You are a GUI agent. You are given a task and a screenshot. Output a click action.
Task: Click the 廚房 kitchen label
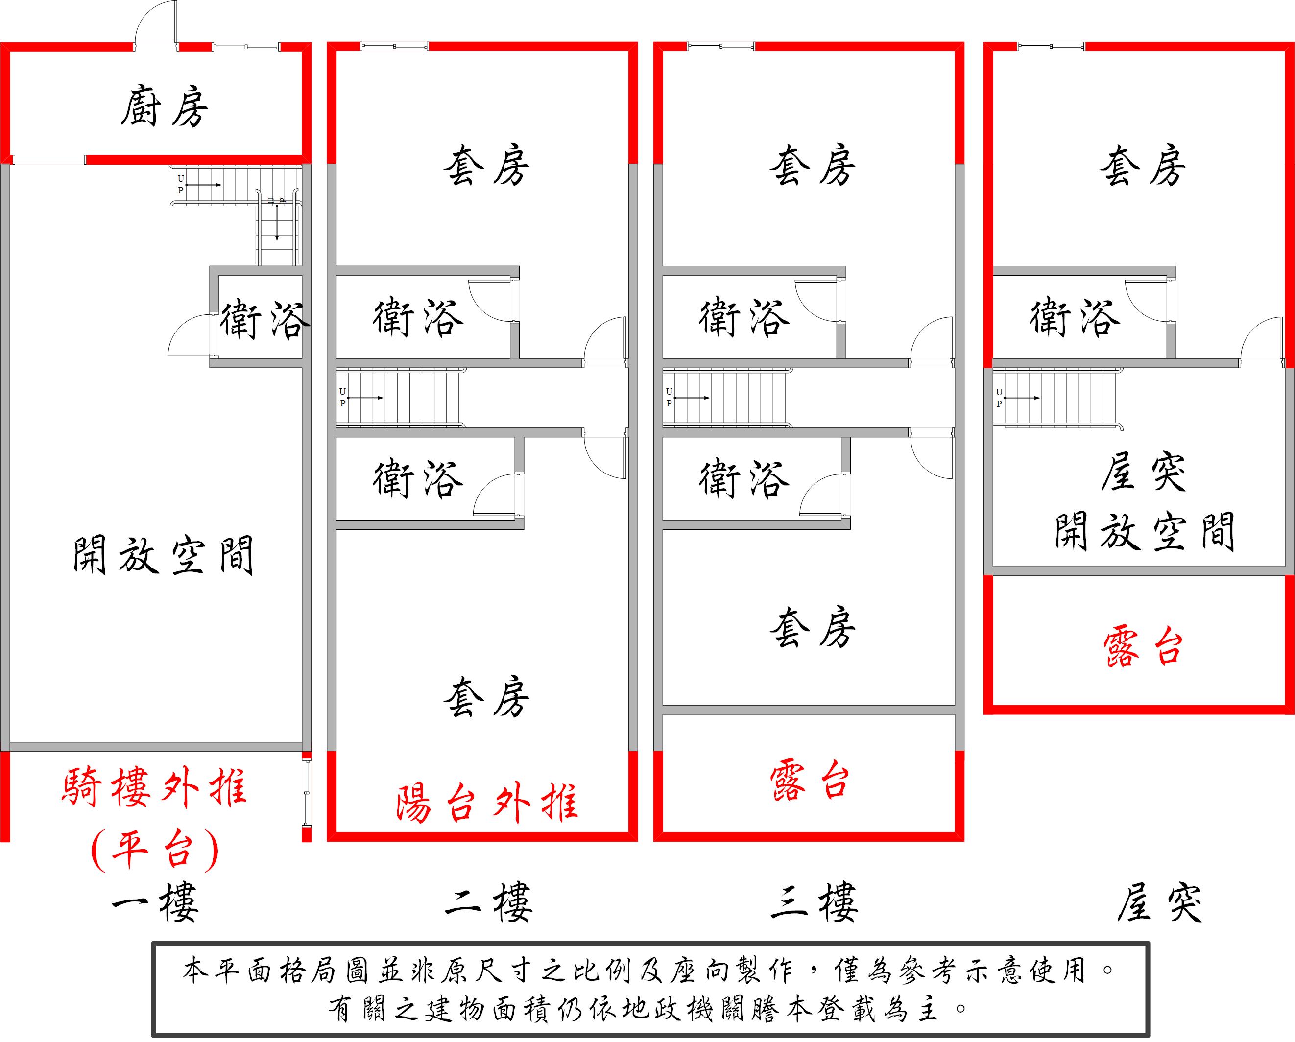pos(165,106)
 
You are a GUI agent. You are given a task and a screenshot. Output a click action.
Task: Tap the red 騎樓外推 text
pos(154,787)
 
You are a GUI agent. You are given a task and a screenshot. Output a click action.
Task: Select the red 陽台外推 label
pos(486,803)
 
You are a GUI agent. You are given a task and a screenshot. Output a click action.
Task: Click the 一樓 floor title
pos(156,902)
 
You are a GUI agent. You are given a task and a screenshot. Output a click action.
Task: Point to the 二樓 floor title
pos(488,902)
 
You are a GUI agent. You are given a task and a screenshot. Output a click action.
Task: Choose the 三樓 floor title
pos(815,902)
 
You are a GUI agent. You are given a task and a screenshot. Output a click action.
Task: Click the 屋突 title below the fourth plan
pos(1160,902)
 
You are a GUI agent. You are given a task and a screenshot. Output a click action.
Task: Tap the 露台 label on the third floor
pos(809,780)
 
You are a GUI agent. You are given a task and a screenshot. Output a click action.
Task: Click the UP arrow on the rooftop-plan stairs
pos(1022,398)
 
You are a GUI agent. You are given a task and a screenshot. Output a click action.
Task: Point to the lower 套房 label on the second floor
pos(486,697)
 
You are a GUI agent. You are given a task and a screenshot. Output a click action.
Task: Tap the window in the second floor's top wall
pos(394,46)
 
